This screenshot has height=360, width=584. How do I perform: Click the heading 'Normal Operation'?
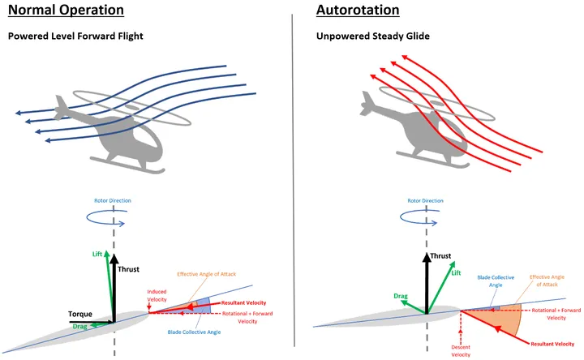coord(66,11)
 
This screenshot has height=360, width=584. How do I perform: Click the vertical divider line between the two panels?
coord(292,178)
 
